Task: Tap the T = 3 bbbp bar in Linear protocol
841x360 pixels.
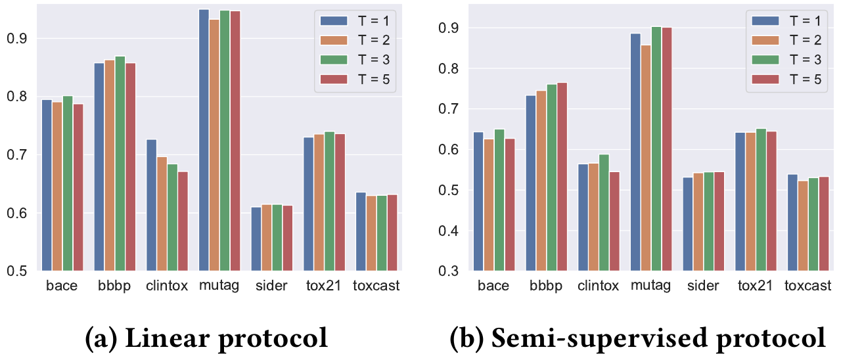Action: coord(120,164)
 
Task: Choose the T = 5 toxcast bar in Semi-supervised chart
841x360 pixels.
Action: coord(823,223)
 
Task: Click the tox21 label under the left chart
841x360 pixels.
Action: coord(324,286)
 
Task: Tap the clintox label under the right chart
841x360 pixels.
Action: coord(598,286)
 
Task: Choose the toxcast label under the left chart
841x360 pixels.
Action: coord(376,286)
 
